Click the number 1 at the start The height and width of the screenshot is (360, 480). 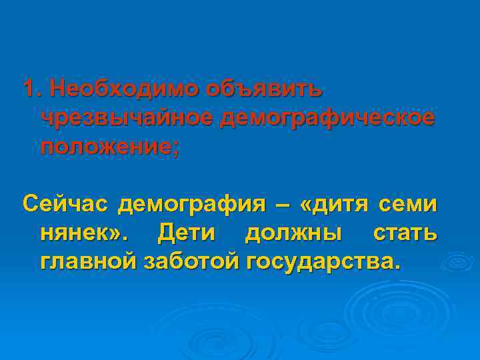(29, 88)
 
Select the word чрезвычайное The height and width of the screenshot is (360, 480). (127, 117)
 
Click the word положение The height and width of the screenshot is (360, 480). (106, 146)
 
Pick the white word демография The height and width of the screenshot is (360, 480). (191, 204)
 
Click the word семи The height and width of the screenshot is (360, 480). (409, 203)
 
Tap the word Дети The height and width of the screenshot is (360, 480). (191, 233)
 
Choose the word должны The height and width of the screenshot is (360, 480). (293, 233)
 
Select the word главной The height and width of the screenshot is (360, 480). (89, 261)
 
